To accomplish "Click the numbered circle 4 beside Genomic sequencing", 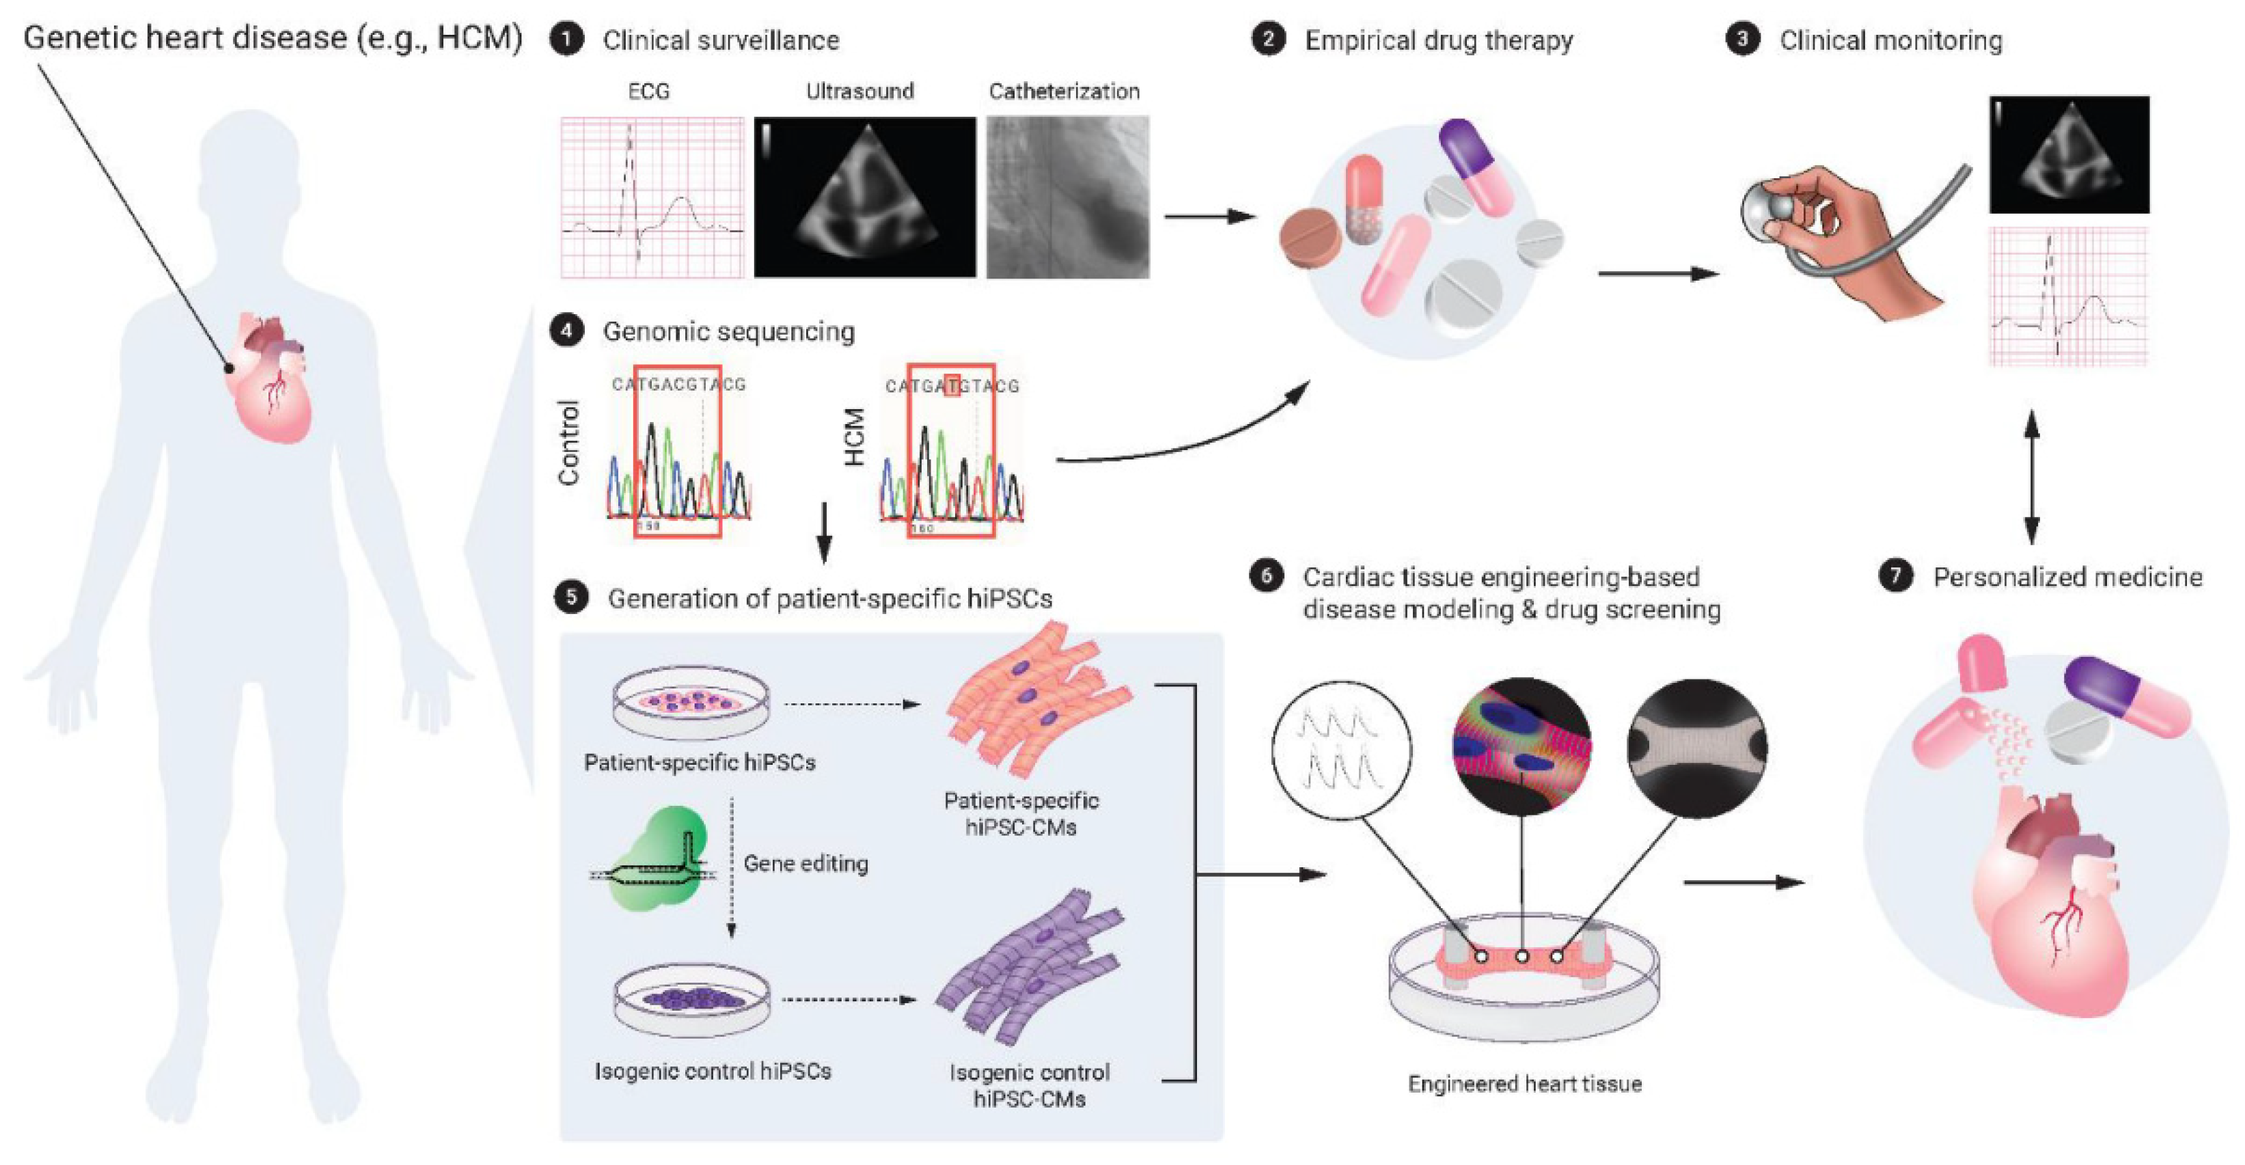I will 567,331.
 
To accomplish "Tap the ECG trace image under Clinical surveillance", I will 652,198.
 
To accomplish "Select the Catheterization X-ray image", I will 1068,198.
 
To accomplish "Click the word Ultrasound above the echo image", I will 859,92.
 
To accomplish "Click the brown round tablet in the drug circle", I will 1310,236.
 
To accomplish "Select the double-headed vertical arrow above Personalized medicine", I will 2030,477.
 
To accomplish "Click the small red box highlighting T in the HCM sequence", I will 952,385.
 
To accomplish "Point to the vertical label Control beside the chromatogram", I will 568,443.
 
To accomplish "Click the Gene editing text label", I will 805,864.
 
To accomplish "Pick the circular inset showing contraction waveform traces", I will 1341,748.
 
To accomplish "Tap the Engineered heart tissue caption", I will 1524,1084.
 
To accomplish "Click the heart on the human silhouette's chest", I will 272,376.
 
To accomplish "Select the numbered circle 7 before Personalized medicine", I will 1895,576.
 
